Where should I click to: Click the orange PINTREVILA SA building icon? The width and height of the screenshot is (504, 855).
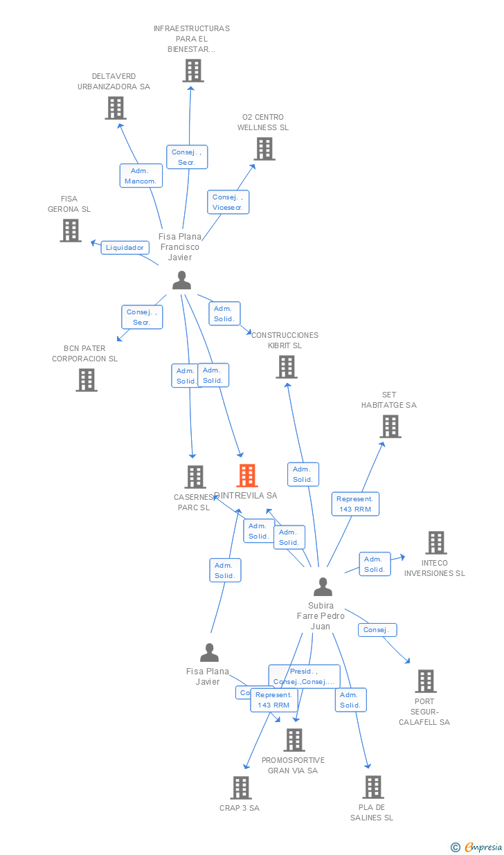247,476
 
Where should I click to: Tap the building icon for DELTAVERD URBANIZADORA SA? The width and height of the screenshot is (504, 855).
116,108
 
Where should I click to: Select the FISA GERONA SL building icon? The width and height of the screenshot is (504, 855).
71,231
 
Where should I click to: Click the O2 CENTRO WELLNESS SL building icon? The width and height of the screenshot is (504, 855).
264,149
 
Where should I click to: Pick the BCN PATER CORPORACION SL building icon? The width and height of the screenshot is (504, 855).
87,380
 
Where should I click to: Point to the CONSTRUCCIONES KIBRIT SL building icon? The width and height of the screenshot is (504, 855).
287,367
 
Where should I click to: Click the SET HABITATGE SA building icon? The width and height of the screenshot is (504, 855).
391,426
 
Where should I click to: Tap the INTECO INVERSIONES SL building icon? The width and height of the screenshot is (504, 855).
436,543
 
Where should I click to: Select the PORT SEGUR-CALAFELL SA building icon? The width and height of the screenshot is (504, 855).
426,681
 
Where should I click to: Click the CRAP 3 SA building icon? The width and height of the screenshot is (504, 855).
241,788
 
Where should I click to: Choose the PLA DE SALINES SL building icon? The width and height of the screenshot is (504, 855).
373,787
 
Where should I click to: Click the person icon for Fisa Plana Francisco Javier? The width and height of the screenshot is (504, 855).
181,280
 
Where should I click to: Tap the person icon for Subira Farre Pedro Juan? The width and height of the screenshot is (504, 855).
323,587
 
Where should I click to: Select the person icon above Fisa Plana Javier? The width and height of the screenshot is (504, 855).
209,653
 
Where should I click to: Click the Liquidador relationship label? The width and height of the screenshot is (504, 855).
125,247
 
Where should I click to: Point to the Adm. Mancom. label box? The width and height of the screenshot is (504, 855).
141,176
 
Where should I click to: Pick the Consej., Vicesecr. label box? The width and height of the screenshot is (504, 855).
228,202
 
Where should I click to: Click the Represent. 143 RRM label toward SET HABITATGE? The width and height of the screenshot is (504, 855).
355,503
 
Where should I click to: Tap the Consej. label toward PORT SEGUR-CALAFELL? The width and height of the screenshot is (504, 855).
377,630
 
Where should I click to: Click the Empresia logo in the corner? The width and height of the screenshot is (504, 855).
478,847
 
